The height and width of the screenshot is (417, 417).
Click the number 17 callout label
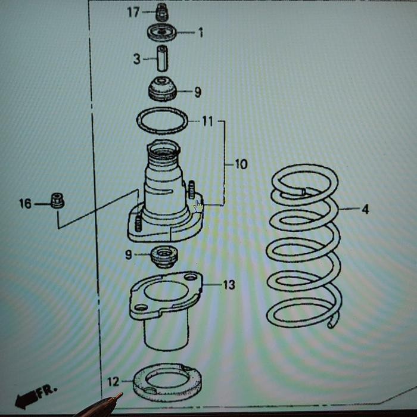click(133, 12)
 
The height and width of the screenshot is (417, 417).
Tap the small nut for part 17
click(160, 11)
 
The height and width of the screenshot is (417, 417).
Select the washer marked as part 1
click(161, 32)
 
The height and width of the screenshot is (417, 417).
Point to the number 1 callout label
click(200, 33)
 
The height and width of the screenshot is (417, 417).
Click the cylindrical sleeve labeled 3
click(162, 58)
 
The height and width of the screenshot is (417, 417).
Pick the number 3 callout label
click(136, 59)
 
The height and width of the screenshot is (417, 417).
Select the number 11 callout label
click(206, 122)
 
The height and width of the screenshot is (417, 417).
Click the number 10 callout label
click(241, 164)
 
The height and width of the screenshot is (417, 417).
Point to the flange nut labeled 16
click(57, 201)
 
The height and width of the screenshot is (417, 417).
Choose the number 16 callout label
click(25, 204)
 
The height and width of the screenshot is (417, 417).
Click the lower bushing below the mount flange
click(163, 256)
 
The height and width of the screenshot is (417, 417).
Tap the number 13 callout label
click(229, 285)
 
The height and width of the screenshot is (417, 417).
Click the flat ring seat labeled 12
click(166, 384)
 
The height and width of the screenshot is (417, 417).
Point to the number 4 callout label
click(365, 209)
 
